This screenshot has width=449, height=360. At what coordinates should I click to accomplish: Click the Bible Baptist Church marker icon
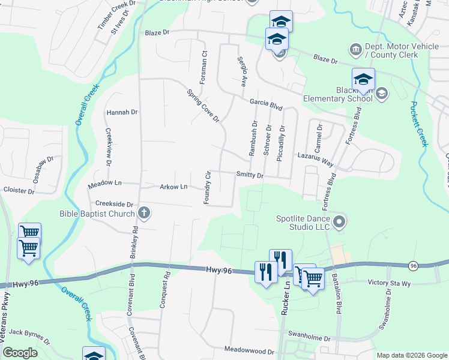coord(143,212)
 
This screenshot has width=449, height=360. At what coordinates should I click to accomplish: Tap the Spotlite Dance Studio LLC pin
coord(339,222)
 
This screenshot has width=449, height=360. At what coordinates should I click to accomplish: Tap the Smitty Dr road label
coord(250,175)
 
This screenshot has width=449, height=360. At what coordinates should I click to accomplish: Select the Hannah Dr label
coord(122,112)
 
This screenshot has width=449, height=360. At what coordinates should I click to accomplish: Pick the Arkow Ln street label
coord(173,187)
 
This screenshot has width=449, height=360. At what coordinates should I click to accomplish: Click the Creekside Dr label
coord(113,204)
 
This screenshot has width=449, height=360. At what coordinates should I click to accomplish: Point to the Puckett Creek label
coord(419,124)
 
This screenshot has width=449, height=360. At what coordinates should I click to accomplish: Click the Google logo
coord(20,353)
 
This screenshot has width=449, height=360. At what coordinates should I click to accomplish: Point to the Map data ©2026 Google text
coord(411,355)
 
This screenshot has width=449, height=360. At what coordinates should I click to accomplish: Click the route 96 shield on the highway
coord(413,265)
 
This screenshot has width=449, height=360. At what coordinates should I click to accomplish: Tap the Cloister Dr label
coord(19,191)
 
